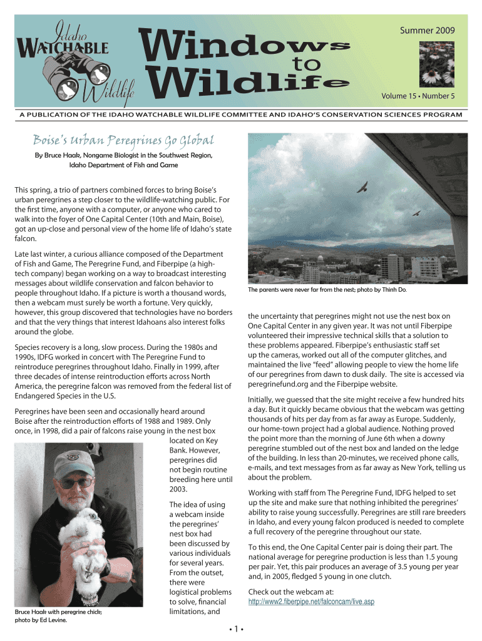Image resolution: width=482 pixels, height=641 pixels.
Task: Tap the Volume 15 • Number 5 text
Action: (418, 96)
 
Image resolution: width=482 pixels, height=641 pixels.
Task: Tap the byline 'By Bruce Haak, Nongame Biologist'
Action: (123, 155)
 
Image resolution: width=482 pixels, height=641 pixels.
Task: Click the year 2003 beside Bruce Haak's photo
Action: (179, 488)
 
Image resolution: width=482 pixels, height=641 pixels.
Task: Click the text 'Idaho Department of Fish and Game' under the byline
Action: (123, 165)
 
